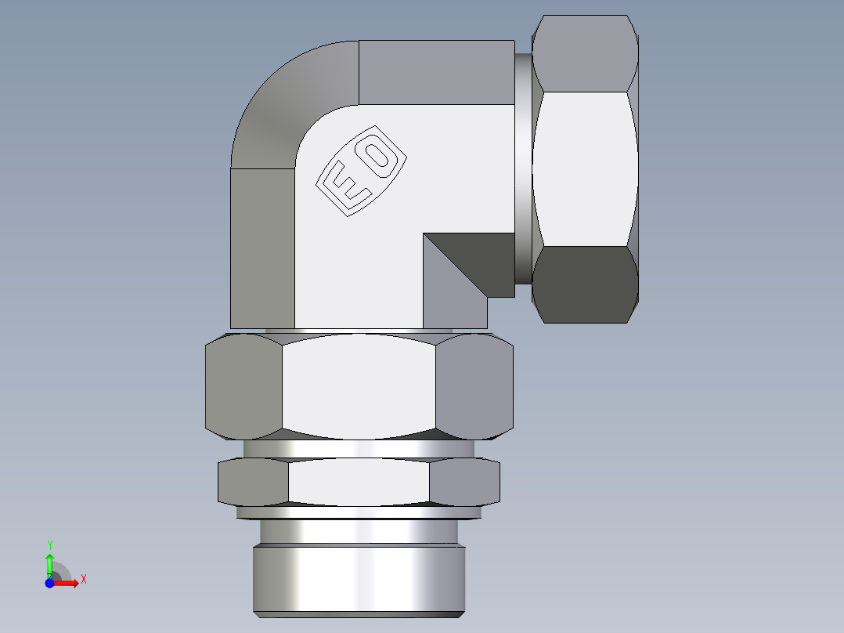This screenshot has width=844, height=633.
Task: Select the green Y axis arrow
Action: (49, 562)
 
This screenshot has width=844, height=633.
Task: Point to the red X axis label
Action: (83, 580)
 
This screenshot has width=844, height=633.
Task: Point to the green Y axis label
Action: (49, 544)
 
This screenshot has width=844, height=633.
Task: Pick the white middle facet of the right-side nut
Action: (584, 168)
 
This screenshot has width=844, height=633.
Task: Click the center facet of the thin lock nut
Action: (359, 481)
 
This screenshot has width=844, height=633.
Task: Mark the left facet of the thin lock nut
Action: (253, 481)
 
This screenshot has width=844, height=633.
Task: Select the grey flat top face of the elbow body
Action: (436, 72)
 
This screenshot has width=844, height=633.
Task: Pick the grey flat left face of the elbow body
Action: (262, 247)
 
